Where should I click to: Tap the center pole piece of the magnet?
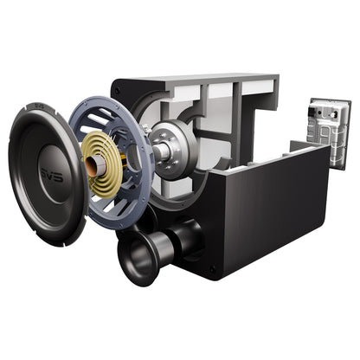click(162, 152)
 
